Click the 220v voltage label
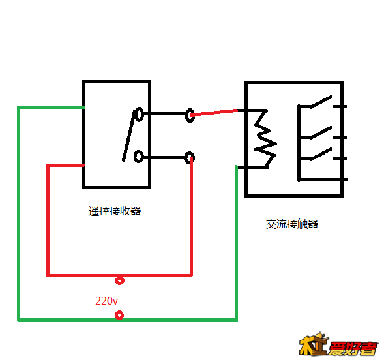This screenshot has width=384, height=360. tap(106, 301)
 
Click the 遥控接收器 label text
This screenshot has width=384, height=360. tap(115, 211)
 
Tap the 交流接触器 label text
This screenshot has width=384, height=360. tap(292, 224)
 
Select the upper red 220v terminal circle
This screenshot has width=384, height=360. tap(119, 280)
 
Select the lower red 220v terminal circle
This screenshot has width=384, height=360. tap(119, 315)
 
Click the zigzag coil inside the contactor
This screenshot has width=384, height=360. tap(265, 138)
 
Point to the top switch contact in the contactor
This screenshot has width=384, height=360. tap(321, 102)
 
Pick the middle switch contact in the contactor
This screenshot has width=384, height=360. tap(321, 132)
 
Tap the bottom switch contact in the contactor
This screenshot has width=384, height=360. tap(321, 154)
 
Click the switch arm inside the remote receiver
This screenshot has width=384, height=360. tap(129, 136)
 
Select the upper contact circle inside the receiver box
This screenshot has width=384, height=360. tap(139, 114)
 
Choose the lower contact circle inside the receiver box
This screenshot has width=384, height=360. tap(139, 157)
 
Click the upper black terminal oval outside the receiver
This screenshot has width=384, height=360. tap(190, 115)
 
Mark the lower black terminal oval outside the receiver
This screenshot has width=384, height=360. tap(190, 157)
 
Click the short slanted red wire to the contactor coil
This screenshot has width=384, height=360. tap(214, 113)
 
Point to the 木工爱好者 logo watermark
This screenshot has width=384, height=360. tap(338, 344)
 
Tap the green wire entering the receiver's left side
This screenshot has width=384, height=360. tap(51, 107)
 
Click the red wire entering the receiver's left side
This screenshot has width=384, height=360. tap(66, 166)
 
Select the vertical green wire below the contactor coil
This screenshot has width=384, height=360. tap(236, 243)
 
